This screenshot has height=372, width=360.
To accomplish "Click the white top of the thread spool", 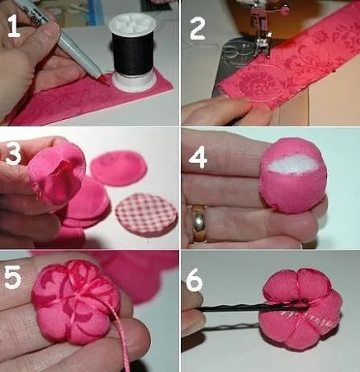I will pyautogui.click(x=132, y=22).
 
